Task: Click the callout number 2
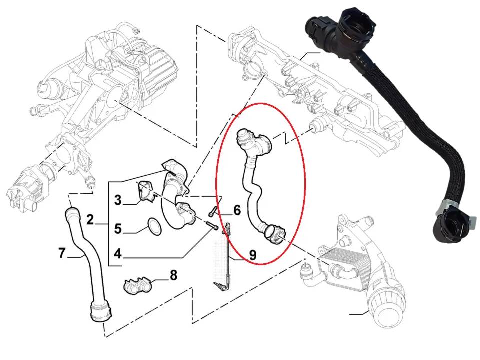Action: [x=90, y=220]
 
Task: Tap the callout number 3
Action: [x=118, y=200]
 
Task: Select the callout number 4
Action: [x=118, y=254]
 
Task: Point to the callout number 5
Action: [x=118, y=228]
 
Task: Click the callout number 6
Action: [x=237, y=210]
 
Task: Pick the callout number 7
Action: [x=62, y=253]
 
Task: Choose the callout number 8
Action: [x=173, y=275]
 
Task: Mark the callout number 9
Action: [x=252, y=255]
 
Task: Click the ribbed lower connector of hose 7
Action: [x=101, y=311]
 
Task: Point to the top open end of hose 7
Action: [x=70, y=212]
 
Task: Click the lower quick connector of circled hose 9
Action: [x=274, y=234]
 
